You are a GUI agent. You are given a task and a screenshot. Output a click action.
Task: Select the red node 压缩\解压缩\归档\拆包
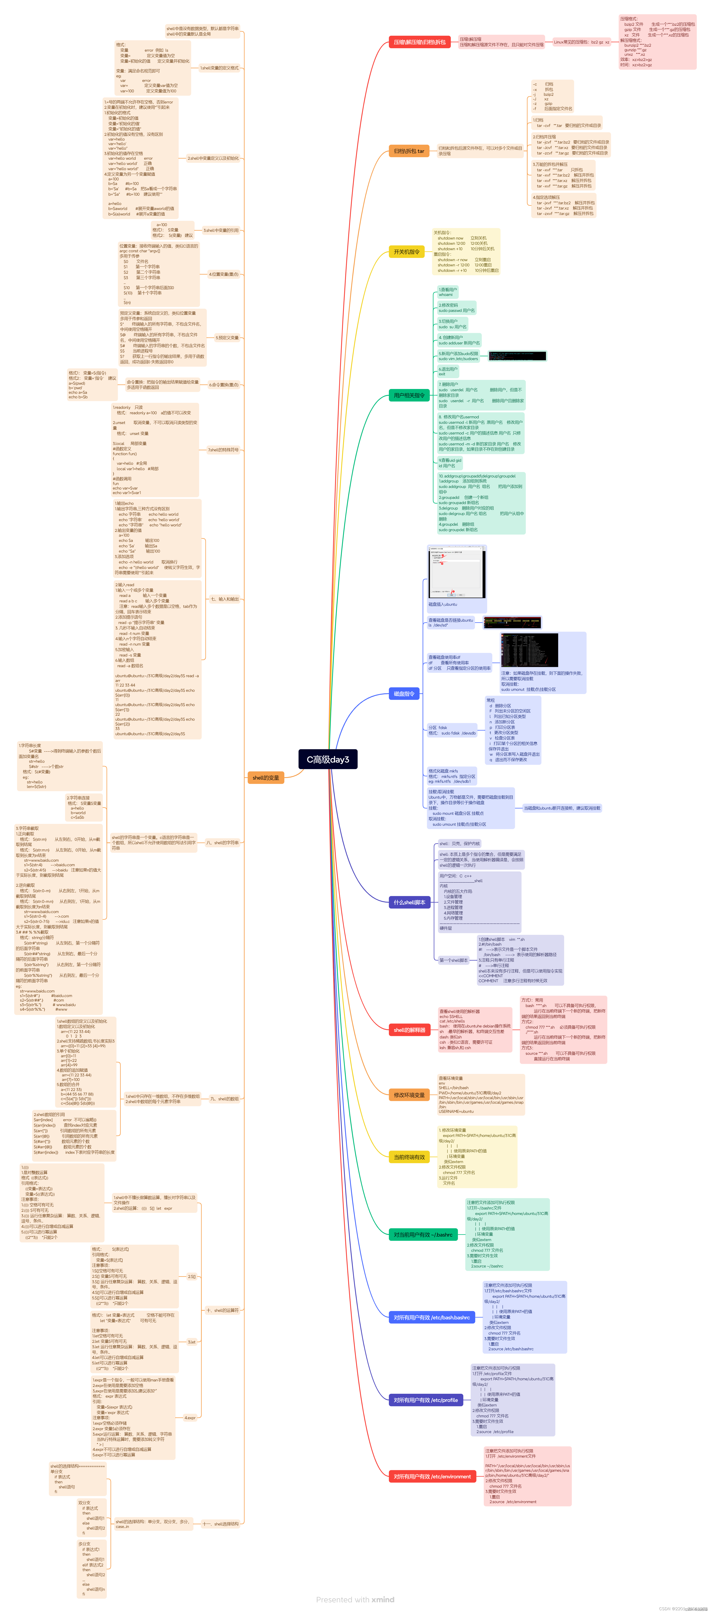[419, 42]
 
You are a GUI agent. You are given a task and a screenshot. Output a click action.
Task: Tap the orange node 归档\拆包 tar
[409, 151]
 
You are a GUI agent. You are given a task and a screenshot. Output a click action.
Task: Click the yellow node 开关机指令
[406, 252]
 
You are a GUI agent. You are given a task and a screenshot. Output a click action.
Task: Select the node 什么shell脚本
[409, 902]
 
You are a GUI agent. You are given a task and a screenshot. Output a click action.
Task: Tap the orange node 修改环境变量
[409, 1095]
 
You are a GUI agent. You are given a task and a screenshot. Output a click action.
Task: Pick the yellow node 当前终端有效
[409, 1157]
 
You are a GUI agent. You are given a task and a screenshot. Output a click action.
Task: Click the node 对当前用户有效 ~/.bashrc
[423, 1235]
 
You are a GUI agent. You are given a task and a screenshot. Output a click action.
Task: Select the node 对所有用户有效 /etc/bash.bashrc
[431, 1318]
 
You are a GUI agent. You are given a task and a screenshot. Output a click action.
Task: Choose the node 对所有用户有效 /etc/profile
[426, 1400]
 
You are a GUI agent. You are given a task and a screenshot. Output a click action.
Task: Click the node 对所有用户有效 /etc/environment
[432, 1477]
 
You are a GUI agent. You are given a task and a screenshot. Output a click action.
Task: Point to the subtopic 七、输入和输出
[224, 599]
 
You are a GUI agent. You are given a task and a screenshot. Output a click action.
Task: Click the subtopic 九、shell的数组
[224, 1099]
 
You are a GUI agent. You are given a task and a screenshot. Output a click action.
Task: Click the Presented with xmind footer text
[355, 1599]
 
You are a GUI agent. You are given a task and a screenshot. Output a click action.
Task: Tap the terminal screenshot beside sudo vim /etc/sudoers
[517, 356]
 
